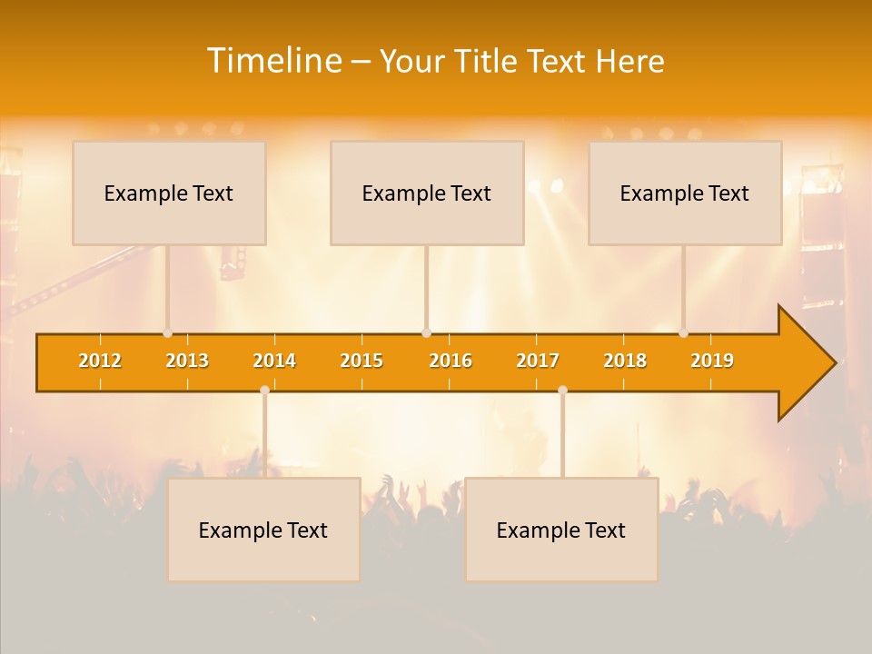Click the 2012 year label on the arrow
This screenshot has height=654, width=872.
tap(100, 361)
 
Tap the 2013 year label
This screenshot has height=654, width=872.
tap(187, 361)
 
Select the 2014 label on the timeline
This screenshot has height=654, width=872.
tap(274, 361)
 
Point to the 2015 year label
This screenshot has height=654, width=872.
tap(362, 361)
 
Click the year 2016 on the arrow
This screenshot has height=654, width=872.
tap(451, 361)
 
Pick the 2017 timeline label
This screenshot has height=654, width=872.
tap(538, 361)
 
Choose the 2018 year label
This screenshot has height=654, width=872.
tap(625, 361)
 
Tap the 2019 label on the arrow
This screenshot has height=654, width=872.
tap(712, 361)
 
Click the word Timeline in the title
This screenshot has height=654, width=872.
tap(272, 61)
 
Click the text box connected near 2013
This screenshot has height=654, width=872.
tap(169, 193)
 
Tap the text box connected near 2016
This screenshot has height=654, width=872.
tap(427, 193)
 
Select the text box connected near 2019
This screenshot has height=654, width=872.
tap(685, 193)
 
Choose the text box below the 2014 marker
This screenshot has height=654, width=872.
tap(263, 530)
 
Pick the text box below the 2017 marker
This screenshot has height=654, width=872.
tap(561, 530)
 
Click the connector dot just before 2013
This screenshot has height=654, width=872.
tap(168, 332)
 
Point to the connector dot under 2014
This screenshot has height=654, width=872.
tap(264, 391)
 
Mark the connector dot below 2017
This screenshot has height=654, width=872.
tap(562, 391)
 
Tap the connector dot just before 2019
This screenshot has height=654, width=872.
tap(684, 332)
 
